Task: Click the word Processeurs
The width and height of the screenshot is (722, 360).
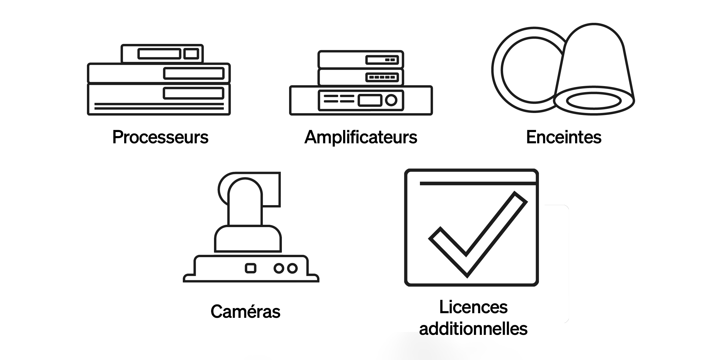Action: coord(160,137)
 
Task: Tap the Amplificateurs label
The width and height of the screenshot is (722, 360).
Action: coord(361,137)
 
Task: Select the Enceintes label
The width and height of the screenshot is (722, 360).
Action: coord(564,137)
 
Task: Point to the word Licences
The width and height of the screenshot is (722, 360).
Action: coord(473,307)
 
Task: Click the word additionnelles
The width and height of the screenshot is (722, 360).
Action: coord(473,329)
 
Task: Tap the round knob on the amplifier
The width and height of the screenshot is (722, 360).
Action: coord(391,100)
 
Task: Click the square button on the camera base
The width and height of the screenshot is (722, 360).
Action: coord(250,268)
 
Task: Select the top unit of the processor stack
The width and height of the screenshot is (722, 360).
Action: coord(162,53)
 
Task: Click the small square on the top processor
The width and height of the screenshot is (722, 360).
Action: coord(191,54)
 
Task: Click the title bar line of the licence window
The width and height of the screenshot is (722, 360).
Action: coord(478,183)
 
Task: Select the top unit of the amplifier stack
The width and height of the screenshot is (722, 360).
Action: coord(361,60)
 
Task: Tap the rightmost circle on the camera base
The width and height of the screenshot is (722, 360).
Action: coord(292,268)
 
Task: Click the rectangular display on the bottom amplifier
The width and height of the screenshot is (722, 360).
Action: coord(370,100)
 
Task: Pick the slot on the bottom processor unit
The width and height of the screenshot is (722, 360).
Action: coord(193,93)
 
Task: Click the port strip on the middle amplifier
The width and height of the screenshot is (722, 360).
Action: coord(382,77)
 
